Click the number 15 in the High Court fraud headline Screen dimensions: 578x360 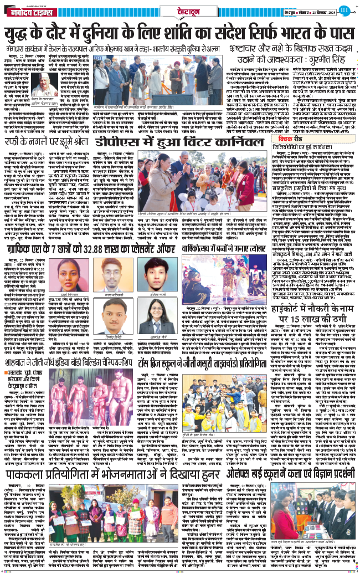pos(305,319)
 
